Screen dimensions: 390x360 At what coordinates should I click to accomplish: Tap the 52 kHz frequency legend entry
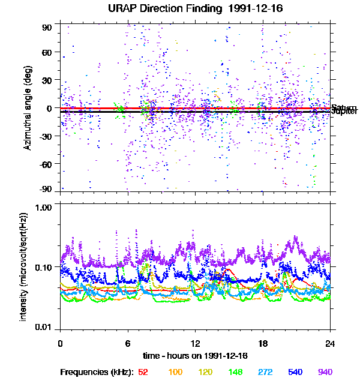point(143,372)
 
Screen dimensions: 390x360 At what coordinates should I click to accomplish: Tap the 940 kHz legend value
point(325,372)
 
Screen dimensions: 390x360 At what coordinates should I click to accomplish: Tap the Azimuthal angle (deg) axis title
point(28,108)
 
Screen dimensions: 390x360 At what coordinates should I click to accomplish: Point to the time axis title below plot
point(195,355)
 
